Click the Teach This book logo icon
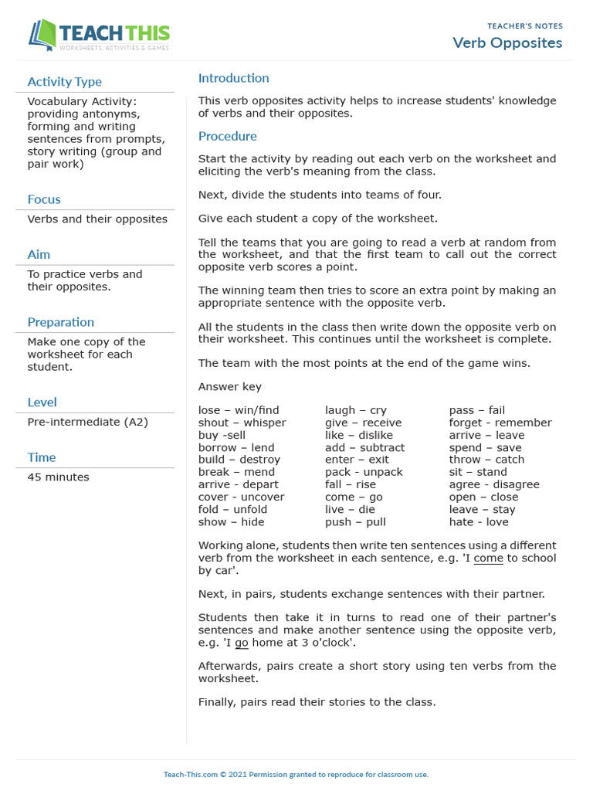click(42, 35)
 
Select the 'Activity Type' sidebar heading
click(64, 82)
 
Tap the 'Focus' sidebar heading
click(44, 199)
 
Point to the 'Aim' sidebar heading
click(39, 254)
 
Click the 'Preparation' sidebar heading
click(60, 322)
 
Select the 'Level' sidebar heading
click(42, 402)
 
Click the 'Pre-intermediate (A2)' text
click(87, 422)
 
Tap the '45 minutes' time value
click(58, 477)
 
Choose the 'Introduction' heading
click(233, 78)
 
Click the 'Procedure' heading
click(227, 136)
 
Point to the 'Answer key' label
click(229, 387)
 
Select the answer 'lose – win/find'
click(239, 410)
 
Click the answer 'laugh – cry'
click(355, 410)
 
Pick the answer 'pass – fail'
click(476, 410)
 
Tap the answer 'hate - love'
click(479, 521)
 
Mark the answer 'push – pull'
click(355, 521)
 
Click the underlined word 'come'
click(488, 558)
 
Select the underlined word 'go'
click(242, 643)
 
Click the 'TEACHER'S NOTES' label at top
click(524, 26)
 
